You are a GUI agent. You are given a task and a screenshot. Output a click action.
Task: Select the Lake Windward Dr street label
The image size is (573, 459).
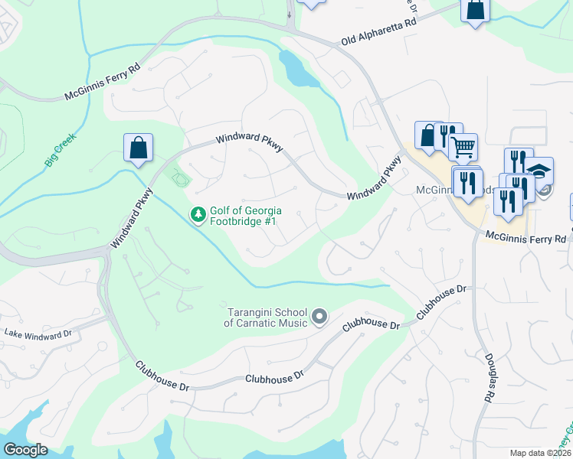click(x=38, y=334)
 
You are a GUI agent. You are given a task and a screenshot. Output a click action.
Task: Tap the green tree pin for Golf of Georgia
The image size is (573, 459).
click(x=198, y=214)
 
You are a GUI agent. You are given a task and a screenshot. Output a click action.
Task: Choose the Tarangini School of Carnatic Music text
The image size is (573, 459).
click(x=266, y=317)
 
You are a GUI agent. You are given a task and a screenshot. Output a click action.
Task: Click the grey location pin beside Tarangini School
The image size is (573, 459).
click(x=319, y=316)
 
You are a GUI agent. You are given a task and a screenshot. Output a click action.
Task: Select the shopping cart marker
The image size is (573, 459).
click(x=463, y=147)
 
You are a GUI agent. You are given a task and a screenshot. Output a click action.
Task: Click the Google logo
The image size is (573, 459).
click(x=25, y=450)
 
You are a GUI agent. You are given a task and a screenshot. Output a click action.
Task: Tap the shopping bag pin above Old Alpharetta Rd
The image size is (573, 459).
click(x=474, y=11)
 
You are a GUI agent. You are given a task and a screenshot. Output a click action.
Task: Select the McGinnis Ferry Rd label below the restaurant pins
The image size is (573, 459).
click(x=527, y=239)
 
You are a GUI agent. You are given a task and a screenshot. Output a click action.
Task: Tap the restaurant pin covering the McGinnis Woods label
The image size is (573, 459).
click(x=467, y=184)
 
